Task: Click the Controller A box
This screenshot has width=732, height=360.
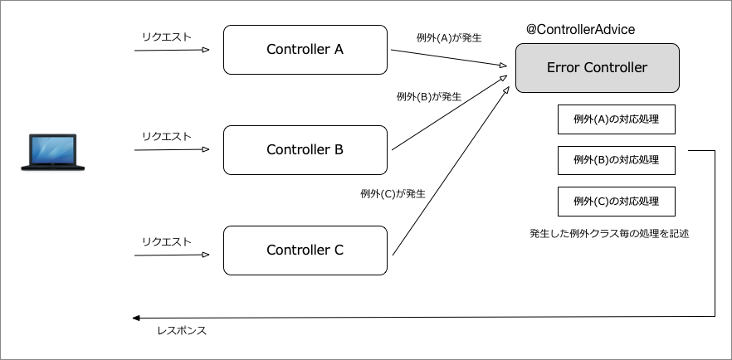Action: click(x=305, y=50)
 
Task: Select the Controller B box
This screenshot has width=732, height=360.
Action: click(x=305, y=150)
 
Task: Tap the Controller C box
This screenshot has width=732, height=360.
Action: click(x=305, y=250)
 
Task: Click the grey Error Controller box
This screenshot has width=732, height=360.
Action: click(x=597, y=68)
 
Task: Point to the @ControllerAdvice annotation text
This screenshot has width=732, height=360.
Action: click(x=580, y=30)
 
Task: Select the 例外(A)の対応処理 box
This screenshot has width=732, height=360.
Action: click(x=616, y=119)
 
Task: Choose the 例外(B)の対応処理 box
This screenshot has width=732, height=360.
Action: click(x=616, y=160)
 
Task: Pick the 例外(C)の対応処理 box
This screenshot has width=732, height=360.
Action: click(x=616, y=202)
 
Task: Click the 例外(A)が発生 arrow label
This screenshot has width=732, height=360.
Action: click(x=449, y=38)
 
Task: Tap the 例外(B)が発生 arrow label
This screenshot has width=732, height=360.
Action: click(x=429, y=96)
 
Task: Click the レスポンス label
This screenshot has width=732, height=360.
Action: click(x=181, y=331)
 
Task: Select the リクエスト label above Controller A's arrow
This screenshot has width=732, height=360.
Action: click(x=167, y=36)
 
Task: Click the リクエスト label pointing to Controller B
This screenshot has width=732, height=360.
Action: click(x=167, y=137)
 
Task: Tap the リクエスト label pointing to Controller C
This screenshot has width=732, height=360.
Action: click(x=167, y=242)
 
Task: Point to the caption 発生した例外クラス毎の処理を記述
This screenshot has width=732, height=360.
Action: click(x=609, y=234)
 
